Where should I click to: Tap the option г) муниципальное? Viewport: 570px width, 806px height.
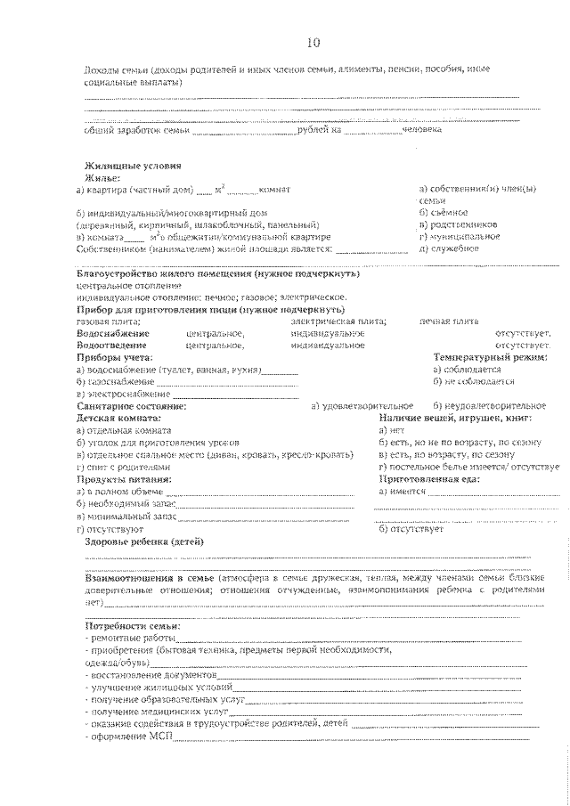click(x=459, y=237)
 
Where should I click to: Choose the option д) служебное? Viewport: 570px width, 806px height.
click(x=449, y=248)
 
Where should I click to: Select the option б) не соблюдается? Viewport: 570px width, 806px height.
click(x=473, y=381)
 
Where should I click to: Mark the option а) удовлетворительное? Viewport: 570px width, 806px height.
click(x=362, y=406)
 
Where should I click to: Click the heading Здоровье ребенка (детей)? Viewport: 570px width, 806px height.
click(x=144, y=541)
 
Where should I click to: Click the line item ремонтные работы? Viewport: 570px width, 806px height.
click(x=131, y=639)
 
